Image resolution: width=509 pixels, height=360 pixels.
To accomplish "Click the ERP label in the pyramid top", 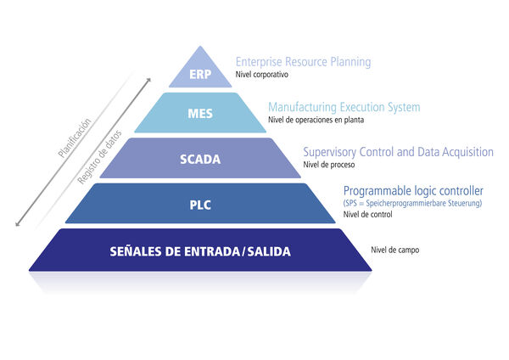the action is coord(200,75).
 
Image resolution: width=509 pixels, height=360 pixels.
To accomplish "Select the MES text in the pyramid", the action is coord(200,114).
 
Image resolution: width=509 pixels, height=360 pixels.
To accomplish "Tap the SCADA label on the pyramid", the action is coord(200,160).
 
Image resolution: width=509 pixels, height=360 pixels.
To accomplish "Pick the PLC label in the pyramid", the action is coord(200,205).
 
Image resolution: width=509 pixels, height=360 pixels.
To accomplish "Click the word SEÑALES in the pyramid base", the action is coord(136,251).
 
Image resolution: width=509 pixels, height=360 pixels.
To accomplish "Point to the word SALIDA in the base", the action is coord(269,251).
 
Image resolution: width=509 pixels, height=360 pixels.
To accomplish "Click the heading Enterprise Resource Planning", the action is coord(303,62).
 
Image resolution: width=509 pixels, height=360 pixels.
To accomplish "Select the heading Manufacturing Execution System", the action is coord(344,107).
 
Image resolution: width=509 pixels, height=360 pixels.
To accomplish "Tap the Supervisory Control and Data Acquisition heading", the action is coord(399,152).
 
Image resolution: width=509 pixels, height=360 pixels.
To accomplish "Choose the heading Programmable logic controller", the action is coord(413,191).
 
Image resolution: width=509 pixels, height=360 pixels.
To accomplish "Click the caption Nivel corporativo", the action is coord(261,75).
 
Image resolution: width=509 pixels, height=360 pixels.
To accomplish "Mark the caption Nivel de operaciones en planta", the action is coord(316,120).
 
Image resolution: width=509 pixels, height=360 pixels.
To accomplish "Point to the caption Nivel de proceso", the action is coord(329,165).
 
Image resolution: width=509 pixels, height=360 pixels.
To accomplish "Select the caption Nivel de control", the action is coord(368,215).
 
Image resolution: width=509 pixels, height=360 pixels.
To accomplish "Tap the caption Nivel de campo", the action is coord(395,250).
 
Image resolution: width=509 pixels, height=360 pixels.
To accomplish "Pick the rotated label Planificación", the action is coord(75,138).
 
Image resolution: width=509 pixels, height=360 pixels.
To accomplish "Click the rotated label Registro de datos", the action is coord(99,157).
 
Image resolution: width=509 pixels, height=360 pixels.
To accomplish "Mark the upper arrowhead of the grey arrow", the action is coord(148,80).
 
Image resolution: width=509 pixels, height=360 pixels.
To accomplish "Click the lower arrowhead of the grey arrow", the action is coord(18,224).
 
